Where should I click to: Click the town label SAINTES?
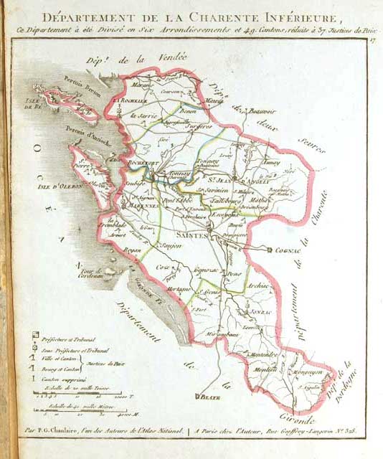point(191,235)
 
